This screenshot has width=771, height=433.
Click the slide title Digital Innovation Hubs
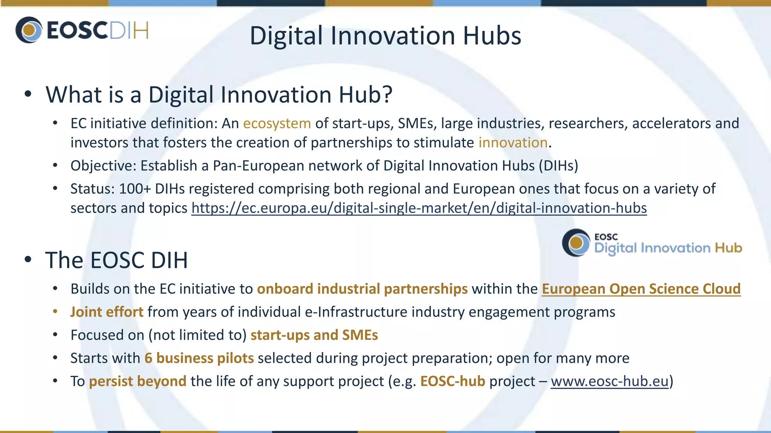[385, 36]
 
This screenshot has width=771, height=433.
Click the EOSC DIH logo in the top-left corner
[82, 30]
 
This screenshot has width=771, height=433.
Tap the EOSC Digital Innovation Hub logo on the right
[652, 243]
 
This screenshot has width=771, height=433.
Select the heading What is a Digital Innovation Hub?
[219, 94]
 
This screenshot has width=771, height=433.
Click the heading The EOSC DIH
[116, 260]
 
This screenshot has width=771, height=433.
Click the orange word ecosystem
[277, 124]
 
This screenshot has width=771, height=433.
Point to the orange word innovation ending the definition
[513, 143]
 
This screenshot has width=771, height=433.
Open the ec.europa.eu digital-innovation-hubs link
[419, 208]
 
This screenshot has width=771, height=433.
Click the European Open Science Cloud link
[641, 289]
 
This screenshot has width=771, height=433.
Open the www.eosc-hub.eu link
[609, 382]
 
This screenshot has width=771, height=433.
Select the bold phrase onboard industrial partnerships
[362, 289]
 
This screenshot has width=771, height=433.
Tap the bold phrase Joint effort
[107, 312]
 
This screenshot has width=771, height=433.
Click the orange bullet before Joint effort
[55, 312]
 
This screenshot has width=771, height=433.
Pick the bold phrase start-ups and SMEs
[314, 335]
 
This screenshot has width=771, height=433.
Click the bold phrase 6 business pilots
[199, 358]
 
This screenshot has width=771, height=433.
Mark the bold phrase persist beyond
[137, 382]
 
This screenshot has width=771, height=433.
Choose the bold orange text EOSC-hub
[453, 382]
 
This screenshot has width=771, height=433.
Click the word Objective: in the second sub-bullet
[103, 166]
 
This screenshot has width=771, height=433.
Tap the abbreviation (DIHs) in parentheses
[558, 166]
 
